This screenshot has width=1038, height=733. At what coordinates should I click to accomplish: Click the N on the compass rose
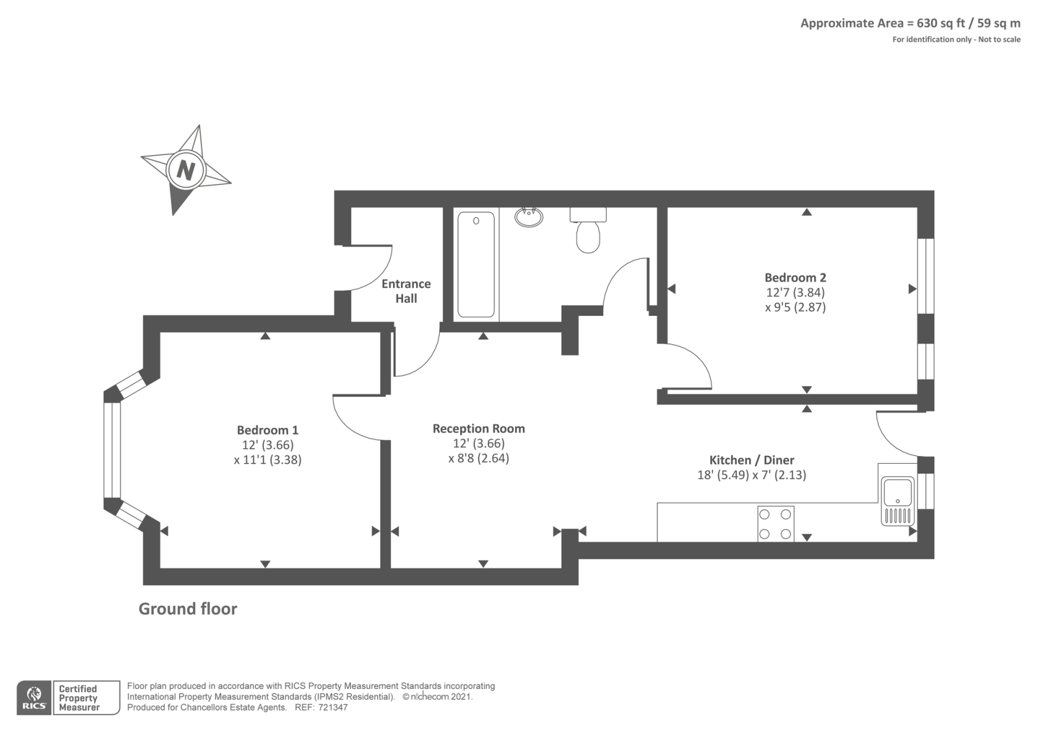click(186, 170)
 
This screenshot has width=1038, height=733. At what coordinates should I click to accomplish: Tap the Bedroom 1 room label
click(267, 430)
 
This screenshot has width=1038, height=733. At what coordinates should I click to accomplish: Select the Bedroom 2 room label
click(795, 278)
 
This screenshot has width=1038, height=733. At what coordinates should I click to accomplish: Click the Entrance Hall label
click(406, 291)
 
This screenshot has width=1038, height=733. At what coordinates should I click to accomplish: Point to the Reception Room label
click(479, 429)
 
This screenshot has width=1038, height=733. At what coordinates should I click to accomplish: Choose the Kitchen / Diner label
click(751, 460)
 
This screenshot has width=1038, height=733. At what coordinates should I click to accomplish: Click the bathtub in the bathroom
click(476, 264)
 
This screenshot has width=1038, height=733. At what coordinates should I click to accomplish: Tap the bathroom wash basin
click(529, 217)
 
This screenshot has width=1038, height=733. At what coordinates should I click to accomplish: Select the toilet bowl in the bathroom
click(588, 235)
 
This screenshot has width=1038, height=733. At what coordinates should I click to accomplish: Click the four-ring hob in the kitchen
click(775, 523)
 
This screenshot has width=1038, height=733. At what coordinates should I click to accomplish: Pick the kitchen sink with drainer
click(898, 499)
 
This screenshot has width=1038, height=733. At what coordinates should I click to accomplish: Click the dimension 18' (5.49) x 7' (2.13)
click(751, 475)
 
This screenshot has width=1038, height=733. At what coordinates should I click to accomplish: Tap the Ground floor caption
click(187, 608)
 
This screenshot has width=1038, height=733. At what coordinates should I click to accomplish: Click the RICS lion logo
click(34, 697)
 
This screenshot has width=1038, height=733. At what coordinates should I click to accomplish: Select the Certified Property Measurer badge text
click(78, 698)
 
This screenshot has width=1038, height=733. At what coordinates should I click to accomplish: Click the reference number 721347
click(333, 708)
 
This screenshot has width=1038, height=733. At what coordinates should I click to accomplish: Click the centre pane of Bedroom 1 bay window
click(112, 450)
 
